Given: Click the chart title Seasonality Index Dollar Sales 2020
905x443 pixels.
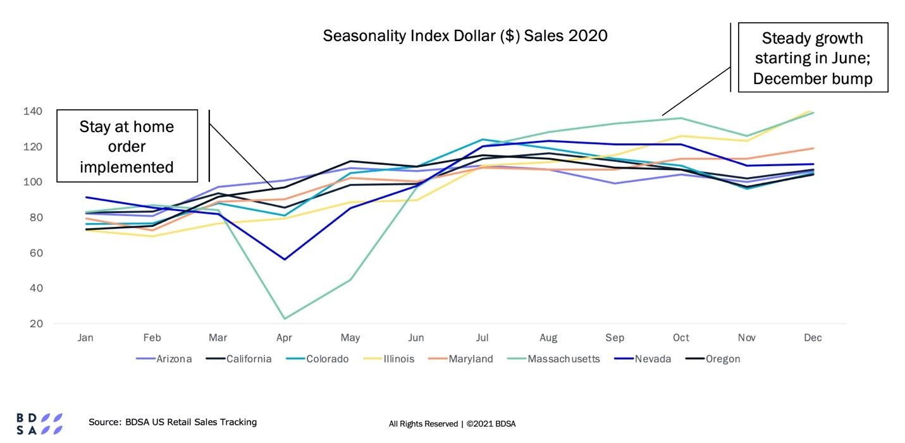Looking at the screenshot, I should pyautogui.click(x=465, y=35).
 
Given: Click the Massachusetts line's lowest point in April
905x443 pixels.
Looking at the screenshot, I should pyautogui.click(x=285, y=319).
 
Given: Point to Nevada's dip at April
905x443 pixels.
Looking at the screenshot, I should pyautogui.click(x=285, y=259).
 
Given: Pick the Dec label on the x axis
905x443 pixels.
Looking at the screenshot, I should pyautogui.click(x=813, y=338).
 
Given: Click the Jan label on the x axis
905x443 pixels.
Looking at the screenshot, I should pyautogui.click(x=85, y=338).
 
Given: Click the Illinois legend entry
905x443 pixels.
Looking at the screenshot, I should pyautogui.click(x=393, y=359).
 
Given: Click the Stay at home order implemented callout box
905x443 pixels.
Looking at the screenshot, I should pyautogui.click(x=126, y=146).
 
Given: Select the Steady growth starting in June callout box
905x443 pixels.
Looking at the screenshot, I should pyautogui.click(x=812, y=58).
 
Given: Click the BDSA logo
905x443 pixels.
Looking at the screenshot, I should pyautogui.click(x=39, y=423).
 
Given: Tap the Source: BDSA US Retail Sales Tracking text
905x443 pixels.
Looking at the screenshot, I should pyautogui.click(x=173, y=422).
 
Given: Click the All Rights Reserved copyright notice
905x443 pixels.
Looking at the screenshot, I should pyautogui.click(x=452, y=424).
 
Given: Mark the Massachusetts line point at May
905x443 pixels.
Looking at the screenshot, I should pyautogui.click(x=350, y=279).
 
